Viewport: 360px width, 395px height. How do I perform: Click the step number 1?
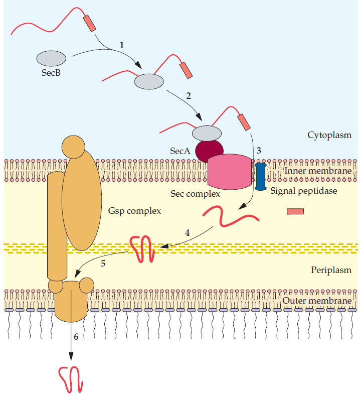121,45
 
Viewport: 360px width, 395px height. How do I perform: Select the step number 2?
188,95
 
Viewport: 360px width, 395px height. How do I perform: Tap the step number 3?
259,150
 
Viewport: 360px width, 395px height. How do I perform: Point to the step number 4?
187,232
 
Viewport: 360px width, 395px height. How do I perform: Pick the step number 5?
103,264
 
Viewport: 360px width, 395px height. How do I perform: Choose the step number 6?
76,337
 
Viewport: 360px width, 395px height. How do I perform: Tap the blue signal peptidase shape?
260,176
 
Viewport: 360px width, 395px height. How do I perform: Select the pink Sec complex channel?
229,170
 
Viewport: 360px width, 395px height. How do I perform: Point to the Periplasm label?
331,270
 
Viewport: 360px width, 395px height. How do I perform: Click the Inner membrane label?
318,171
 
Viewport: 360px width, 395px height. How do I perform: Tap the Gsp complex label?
134,211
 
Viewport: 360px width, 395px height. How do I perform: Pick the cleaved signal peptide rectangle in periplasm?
295,211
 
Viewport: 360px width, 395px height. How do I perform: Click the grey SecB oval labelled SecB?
51,58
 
